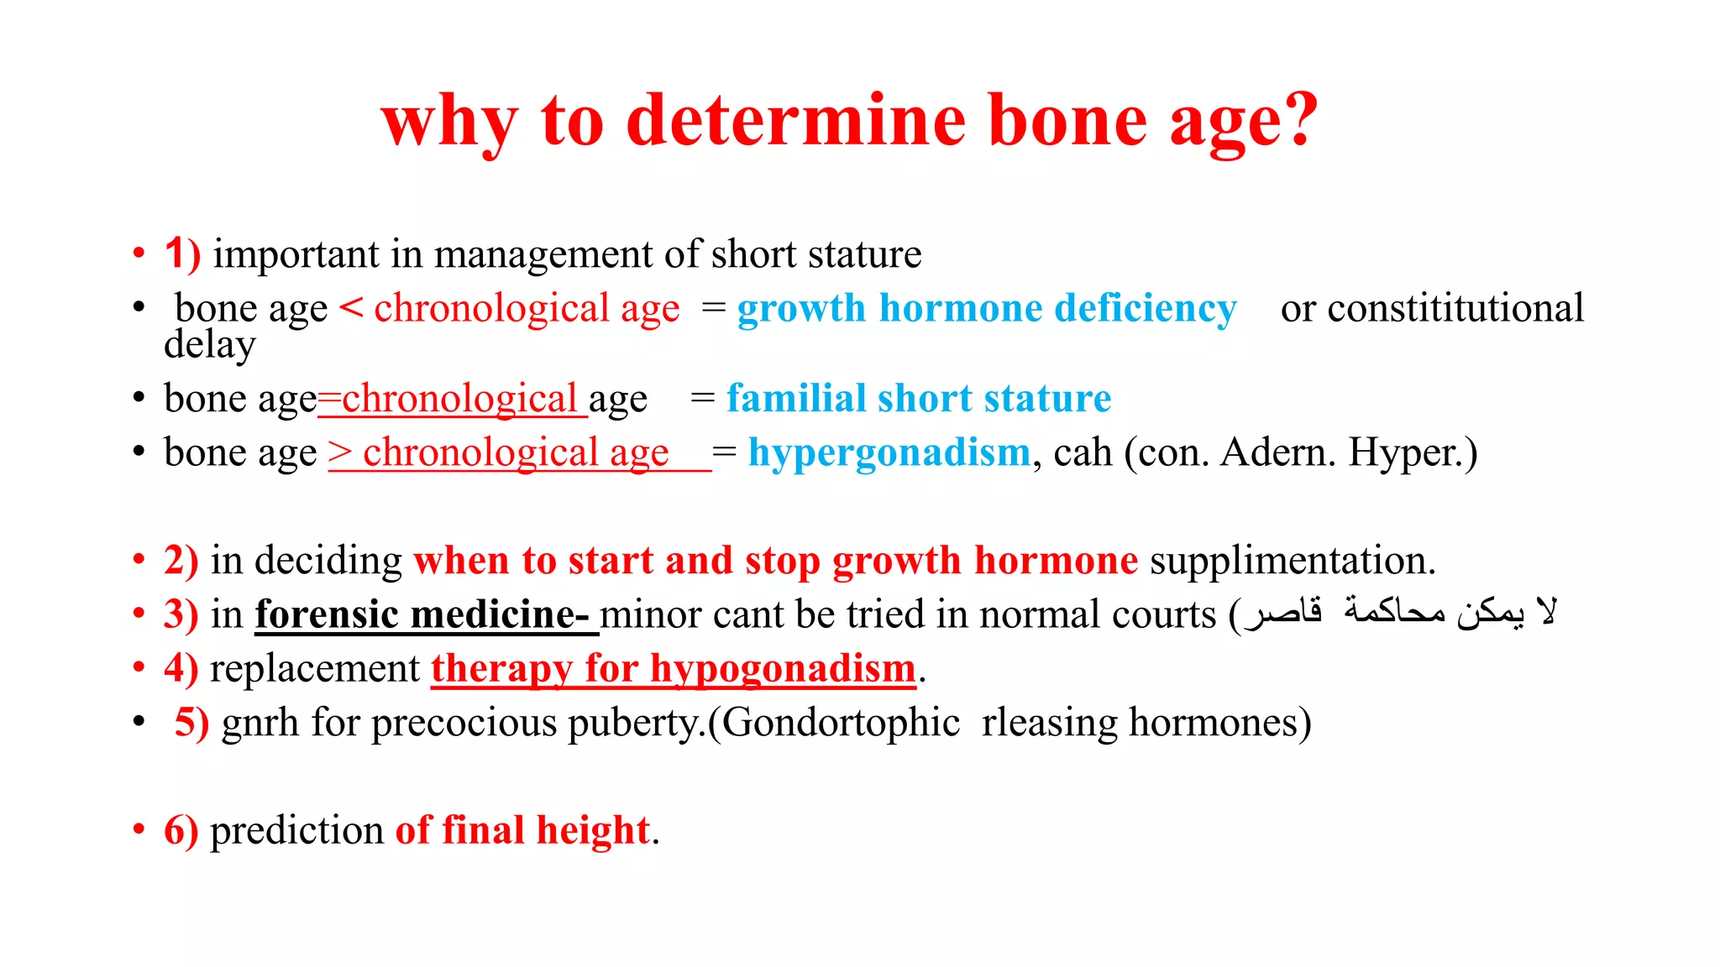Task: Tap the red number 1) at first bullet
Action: tap(182, 254)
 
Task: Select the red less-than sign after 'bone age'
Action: tap(351, 308)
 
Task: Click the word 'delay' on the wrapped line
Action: tap(209, 345)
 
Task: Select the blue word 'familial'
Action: tap(795, 398)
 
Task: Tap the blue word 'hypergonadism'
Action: tap(889, 452)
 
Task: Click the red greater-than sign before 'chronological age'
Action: tap(340, 452)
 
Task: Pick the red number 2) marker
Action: tap(181, 560)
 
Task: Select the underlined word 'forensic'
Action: tap(326, 614)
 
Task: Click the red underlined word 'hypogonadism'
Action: tap(782, 669)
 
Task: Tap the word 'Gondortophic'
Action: tap(840, 723)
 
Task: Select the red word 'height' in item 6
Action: tap(593, 830)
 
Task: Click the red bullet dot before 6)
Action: tap(139, 830)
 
